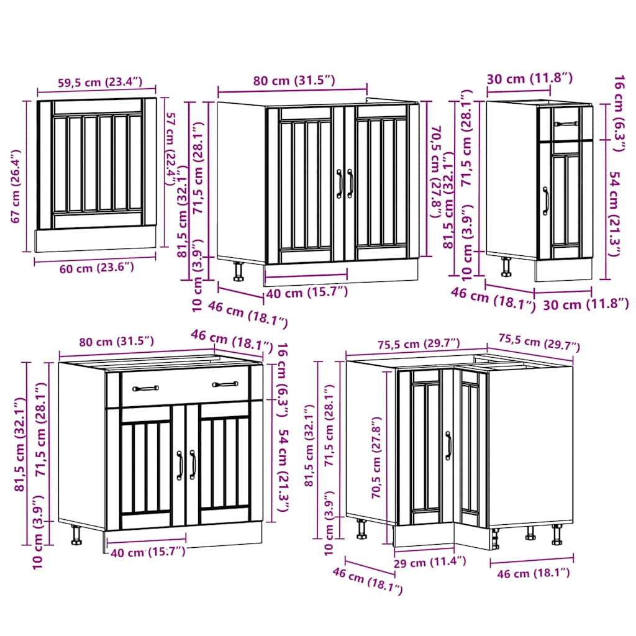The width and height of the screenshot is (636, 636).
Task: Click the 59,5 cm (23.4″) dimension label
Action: pos(90,81)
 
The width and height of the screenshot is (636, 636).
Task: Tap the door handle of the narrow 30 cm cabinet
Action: pos(546,201)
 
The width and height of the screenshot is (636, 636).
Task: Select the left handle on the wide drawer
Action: pos(146,388)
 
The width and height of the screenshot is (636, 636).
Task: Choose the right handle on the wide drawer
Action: pos(225,384)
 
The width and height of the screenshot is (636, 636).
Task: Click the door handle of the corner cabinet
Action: pos(447,445)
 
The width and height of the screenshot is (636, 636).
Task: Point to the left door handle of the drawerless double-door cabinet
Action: pos(340,184)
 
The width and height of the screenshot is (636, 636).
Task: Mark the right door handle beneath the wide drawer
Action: pos(192,465)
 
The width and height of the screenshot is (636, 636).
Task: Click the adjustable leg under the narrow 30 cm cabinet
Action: pos(506,266)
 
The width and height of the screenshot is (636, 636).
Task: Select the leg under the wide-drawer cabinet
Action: pos(76,534)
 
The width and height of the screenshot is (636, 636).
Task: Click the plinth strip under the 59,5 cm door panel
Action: pos(94,239)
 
